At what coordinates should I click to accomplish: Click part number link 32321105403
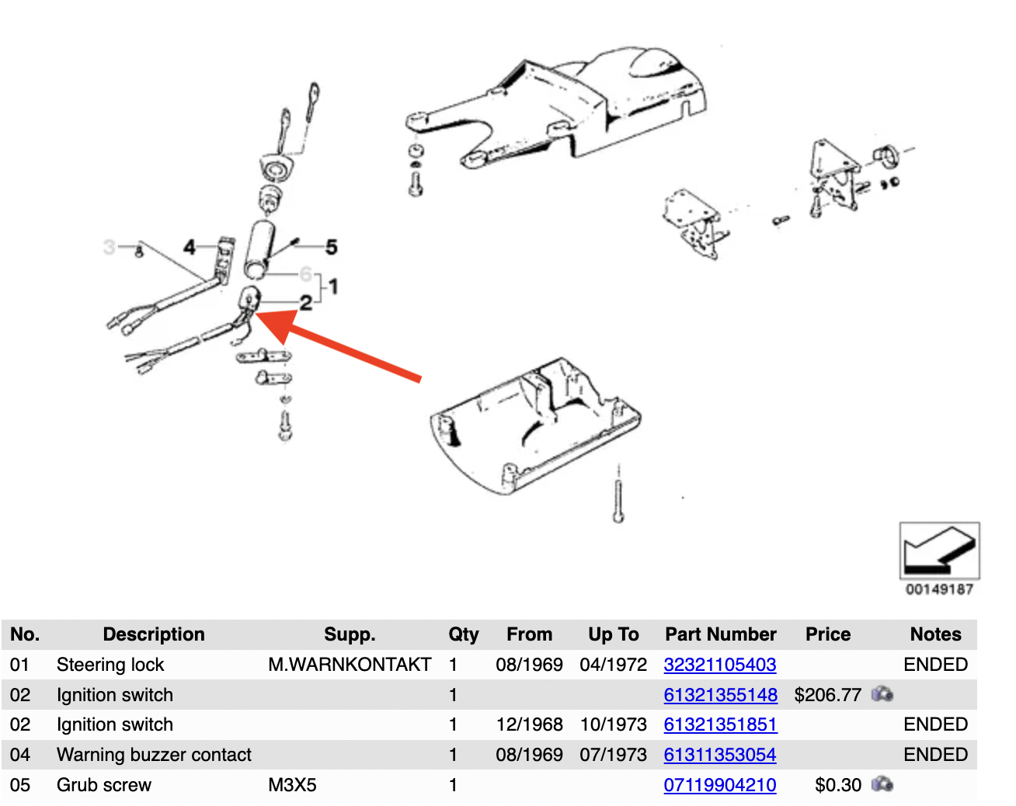coord(719,665)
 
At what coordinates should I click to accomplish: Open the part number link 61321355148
coord(720,695)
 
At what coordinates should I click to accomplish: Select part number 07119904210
coord(719,785)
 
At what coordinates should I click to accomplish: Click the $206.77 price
coord(827,695)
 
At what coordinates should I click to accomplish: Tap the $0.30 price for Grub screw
coord(837,785)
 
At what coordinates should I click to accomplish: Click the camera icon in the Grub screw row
coord(882,784)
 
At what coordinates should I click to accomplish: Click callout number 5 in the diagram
coord(332,247)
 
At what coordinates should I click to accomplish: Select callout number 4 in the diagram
coord(189,247)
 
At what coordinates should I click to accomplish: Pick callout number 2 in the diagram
coord(306,303)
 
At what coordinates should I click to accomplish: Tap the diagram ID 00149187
coord(939,589)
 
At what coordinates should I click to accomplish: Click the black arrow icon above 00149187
coord(939,550)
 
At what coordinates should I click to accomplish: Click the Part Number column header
coord(720,634)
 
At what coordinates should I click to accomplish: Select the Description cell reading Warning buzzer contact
coord(154,755)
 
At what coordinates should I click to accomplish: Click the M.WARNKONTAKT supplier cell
coord(349,665)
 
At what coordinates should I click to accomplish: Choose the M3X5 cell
coord(292,785)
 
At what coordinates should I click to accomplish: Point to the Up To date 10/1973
coord(613,724)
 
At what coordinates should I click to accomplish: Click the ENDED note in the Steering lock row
coord(935,665)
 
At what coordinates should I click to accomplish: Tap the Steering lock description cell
coord(110,665)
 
